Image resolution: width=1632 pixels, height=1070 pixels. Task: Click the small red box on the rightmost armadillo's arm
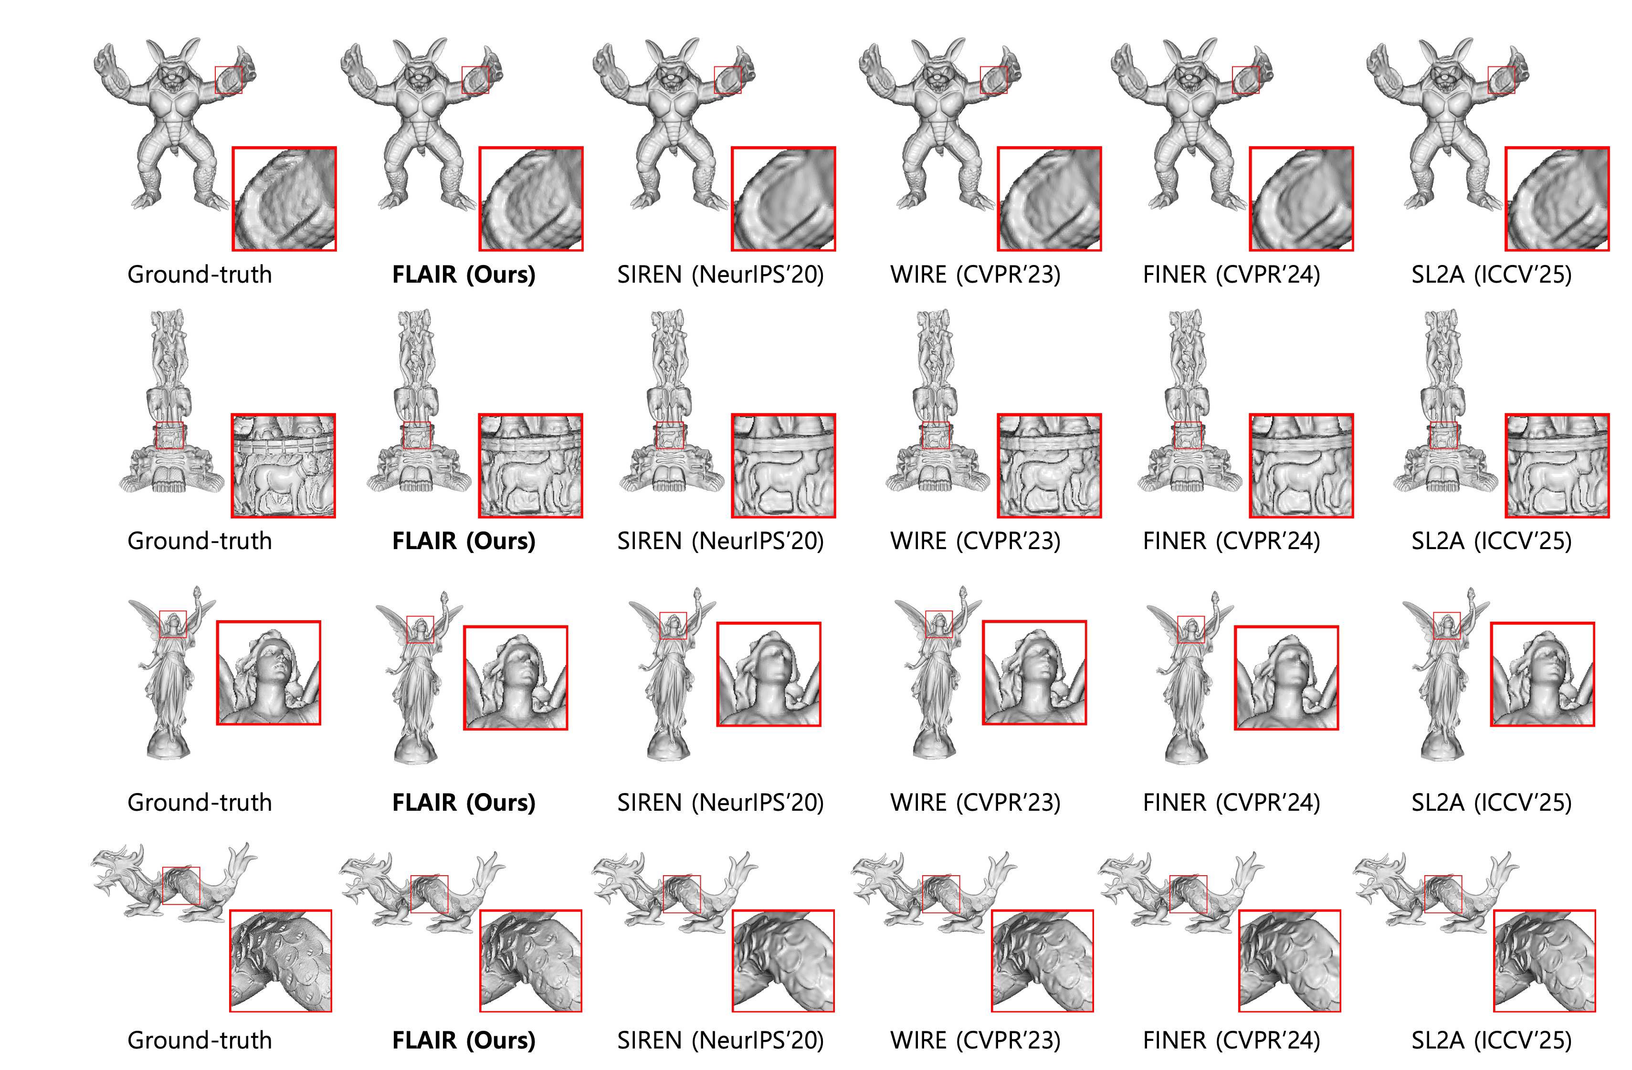click(1501, 80)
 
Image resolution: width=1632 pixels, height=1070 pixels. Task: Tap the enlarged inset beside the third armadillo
click(783, 199)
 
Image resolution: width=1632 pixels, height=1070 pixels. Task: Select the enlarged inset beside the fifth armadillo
click(1301, 199)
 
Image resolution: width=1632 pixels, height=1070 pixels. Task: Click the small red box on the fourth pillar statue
click(935, 435)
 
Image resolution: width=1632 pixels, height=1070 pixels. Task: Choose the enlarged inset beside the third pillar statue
click(783, 465)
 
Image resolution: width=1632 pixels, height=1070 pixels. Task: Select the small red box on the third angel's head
click(673, 625)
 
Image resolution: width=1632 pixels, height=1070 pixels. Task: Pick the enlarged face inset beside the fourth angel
click(1034, 672)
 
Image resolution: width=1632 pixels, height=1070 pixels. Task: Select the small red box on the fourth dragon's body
click(941, 894)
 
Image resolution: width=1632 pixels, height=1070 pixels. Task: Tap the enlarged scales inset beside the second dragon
click(531, 960)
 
